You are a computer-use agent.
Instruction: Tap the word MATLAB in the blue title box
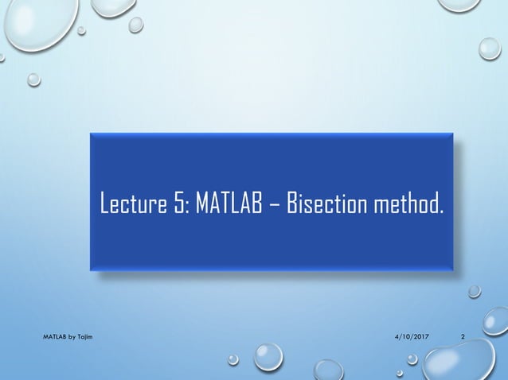pyautogui.click(x=229, y=205)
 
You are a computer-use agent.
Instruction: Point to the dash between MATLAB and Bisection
pyautogui.click(x=273, y=207)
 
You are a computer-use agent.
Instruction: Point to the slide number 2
pyautogui.click(x=463, y=339)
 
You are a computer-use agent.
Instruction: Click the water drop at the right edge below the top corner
pyautogui.click(x=490, y=48)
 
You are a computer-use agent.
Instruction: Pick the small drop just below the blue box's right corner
pyautogui.click(x=474, y=291)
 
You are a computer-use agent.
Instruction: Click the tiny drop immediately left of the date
pyautogui.click(x=233, y=359)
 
